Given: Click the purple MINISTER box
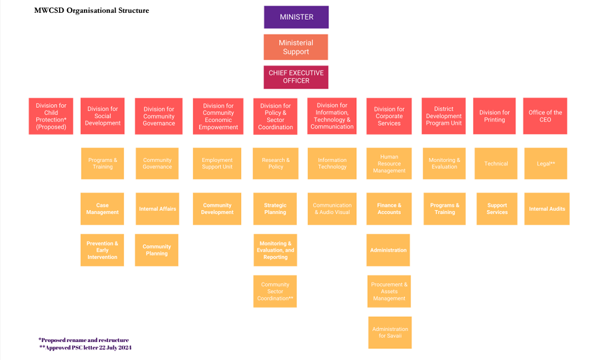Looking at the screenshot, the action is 296,17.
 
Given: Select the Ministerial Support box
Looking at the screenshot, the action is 296,47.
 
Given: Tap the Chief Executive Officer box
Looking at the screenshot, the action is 296,77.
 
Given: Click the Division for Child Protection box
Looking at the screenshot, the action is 51,116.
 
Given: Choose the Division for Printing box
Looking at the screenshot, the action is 494,116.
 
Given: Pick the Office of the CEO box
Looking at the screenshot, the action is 545,116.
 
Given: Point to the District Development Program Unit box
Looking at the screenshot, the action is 444,116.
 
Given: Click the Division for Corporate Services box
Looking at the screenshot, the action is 389,116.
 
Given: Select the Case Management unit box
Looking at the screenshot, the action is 102,209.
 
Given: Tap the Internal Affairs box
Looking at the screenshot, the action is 157,209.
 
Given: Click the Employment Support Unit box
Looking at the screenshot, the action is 217,163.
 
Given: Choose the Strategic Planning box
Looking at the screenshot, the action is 275,209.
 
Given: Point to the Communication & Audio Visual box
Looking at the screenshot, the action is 332,209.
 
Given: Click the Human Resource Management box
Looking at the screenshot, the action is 389,163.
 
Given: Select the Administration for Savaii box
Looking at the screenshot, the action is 390,332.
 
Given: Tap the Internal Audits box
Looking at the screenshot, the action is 547,209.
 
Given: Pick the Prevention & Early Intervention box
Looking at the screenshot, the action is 102,250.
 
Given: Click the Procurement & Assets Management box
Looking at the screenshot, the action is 389,291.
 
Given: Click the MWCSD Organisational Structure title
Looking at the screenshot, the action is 91,10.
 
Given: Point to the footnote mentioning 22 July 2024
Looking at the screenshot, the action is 86,348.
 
